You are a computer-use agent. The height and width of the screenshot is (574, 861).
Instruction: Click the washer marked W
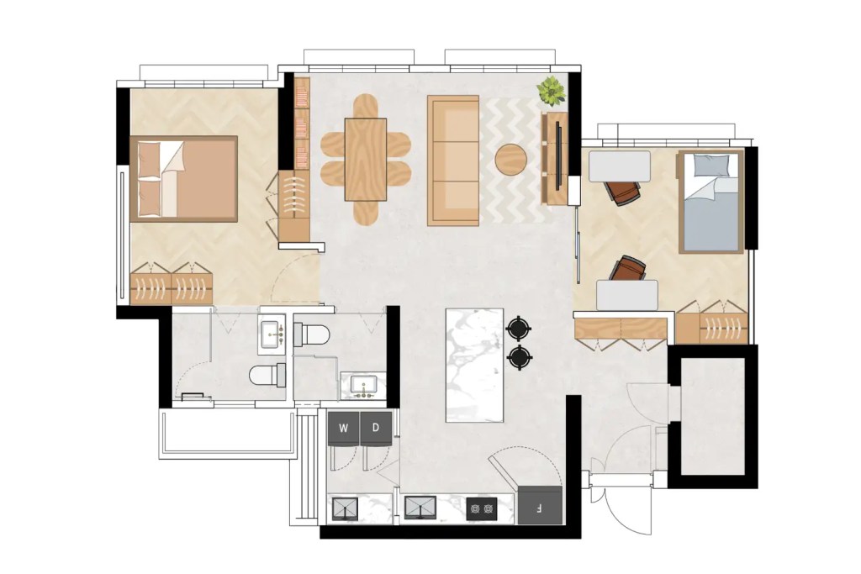[x=343, y=428]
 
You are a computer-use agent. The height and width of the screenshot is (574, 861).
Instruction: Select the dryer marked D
[x=376, y=428]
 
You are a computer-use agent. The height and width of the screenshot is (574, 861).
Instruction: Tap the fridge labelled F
[x=539, y=506]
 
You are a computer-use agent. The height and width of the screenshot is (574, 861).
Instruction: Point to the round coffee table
[x=510, y=159]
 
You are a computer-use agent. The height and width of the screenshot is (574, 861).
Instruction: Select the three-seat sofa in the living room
[x=453, y=160]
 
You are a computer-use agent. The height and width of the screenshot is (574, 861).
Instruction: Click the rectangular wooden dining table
[x=365, y=159]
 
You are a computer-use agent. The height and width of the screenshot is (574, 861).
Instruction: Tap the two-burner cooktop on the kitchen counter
[x=482, y=508]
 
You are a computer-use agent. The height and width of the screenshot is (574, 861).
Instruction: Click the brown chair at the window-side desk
[x=624, y=192]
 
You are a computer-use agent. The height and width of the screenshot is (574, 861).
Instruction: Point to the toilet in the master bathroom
[x=267, y=374]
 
